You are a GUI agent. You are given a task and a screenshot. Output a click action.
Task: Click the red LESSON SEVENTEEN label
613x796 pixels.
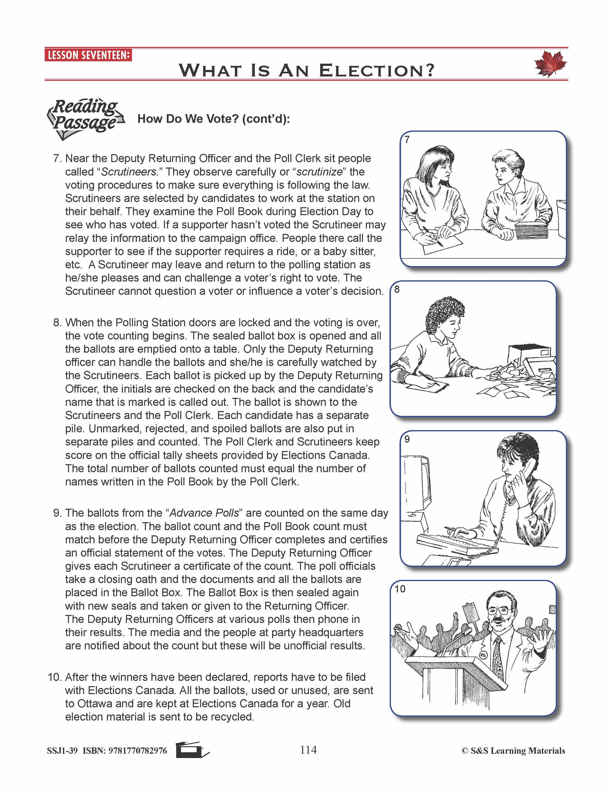(x=88, y=55)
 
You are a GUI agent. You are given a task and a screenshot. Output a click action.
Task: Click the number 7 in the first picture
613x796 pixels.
(x=407, y=140)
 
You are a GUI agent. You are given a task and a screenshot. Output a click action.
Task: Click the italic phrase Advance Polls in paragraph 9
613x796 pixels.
(x=204, y=513)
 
